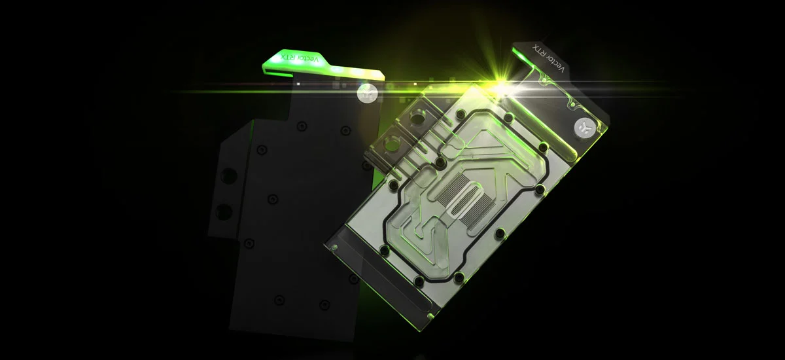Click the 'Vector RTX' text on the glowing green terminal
(300, 58)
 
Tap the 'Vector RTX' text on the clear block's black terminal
(548, 58)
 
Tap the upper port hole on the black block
(229, 175)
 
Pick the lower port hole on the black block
(224, 211)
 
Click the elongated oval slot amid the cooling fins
(462, 199)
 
